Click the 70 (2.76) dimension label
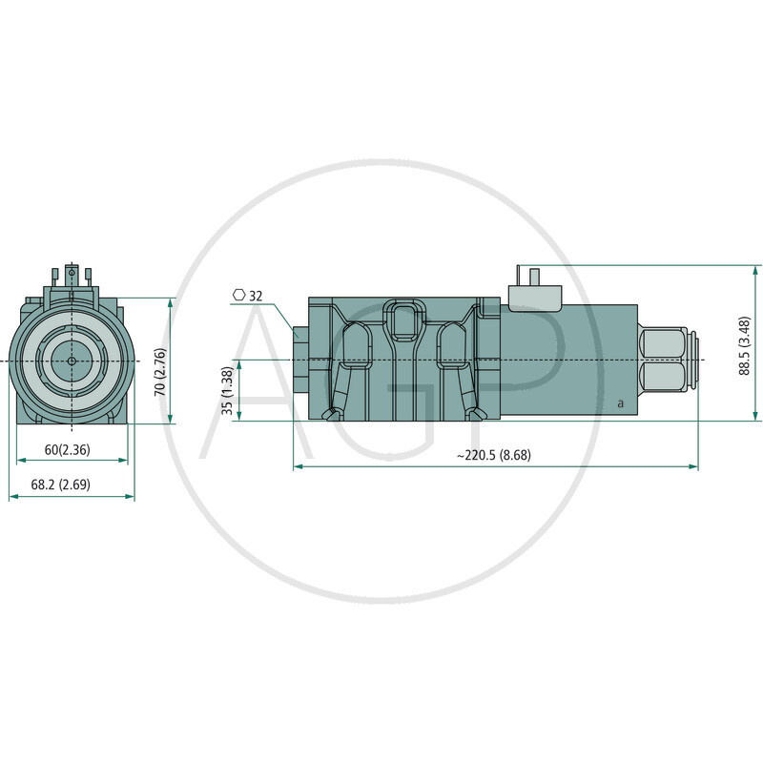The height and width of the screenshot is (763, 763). (x=160, y=360)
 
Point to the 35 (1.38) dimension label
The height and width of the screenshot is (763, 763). (x=227, y=390)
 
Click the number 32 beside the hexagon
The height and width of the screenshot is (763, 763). (x=256, y=297)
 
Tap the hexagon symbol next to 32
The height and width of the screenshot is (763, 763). (x=238, y=296)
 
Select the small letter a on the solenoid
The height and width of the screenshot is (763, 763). (x=620, y=403)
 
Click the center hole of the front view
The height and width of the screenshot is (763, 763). (x=72, y=361)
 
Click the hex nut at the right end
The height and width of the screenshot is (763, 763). (x=663, y=361)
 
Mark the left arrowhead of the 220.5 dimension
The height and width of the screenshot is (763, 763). (x=297, y=466)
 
